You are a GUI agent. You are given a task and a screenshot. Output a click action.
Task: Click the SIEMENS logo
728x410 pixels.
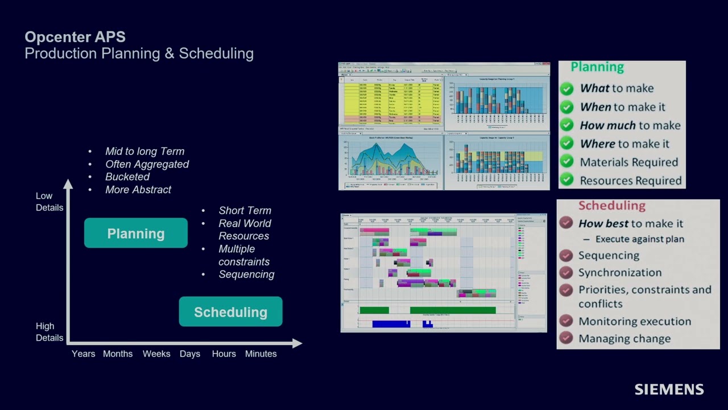click(x=669, y=389)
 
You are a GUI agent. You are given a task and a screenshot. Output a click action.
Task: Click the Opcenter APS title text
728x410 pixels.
click(x=75, y=37)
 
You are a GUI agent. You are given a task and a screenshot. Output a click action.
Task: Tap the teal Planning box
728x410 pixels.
click(x=136, y=233)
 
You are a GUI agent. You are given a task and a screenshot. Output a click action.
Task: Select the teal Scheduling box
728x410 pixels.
click(x=230, y=312)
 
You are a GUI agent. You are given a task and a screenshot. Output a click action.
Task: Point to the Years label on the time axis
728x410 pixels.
click(x=83, y=354)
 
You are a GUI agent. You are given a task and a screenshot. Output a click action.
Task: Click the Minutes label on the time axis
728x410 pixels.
click(x=260, y=354)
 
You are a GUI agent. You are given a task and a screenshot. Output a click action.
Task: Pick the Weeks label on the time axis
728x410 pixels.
click(x=156, y=354)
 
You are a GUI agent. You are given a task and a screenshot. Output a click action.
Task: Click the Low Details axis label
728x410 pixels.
click(x=49, y=202)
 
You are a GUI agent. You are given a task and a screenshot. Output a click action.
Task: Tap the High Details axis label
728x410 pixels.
click(x=49, y=332)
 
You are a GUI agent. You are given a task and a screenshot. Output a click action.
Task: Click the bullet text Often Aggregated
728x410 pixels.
click(x=147, y=164)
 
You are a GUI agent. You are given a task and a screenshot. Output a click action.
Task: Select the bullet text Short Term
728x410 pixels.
click(x=245, y=211)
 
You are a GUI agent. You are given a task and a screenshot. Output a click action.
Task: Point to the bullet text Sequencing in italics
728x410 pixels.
click(x=246, y=274)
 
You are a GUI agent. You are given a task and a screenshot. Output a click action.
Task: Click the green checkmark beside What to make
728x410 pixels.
click(x=566, y=88)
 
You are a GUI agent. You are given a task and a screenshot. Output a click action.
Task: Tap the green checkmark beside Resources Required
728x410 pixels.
click(x=566, y=181)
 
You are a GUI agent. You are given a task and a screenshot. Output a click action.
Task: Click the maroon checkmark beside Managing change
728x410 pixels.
click(x=565, y=338)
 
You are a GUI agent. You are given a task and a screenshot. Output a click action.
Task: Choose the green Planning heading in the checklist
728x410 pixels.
click(x=597, y=67)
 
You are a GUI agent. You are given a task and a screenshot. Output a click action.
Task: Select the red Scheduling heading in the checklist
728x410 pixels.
click(x=611, y=206)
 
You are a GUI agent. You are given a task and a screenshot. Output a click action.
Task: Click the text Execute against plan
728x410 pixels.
click(x=639, y=239)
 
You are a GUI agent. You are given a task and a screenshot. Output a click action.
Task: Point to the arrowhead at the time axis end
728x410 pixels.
click(x=297, y=343)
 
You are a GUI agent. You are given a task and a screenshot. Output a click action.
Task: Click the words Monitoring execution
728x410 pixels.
click(x=635, y=321)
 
